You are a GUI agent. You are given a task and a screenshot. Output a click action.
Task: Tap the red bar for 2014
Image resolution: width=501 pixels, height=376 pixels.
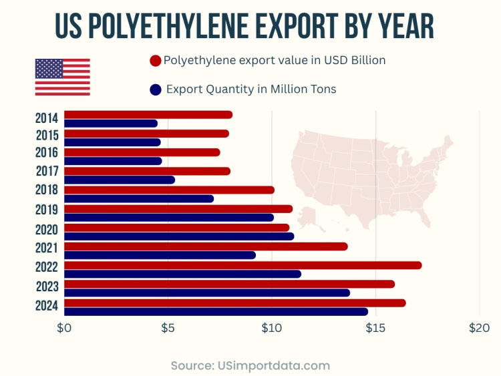click(148, 115)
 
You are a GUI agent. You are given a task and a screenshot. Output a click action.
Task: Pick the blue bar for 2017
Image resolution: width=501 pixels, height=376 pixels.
click(119, 180)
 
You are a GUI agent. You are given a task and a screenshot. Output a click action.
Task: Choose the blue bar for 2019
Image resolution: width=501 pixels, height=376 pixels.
click(168, 217)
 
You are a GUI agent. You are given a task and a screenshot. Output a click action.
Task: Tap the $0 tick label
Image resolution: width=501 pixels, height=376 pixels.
click(64, 328)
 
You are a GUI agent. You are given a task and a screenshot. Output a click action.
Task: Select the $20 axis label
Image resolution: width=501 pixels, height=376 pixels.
click(479, 328)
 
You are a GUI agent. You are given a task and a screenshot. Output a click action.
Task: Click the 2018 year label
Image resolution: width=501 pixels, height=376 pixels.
click(47, 190)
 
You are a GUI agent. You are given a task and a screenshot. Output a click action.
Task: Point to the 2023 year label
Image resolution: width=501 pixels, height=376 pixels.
click(47, 287)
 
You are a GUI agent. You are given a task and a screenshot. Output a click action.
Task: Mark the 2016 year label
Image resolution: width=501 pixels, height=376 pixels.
click(47, 152)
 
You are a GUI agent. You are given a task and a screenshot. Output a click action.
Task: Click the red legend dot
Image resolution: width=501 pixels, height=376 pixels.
click(156, 61)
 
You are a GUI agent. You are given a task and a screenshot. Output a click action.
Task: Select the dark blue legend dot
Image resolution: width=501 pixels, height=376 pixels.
click(156, 89)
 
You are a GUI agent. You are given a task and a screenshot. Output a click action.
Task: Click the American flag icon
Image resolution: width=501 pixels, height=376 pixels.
click(62, 77)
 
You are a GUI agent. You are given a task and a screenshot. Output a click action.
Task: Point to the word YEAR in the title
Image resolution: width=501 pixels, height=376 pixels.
click(403, 27)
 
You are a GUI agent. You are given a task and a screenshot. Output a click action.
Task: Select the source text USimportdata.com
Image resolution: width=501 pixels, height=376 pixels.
click(274, 365)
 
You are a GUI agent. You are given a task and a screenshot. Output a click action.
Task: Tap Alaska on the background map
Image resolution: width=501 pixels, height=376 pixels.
click(308, 215)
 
